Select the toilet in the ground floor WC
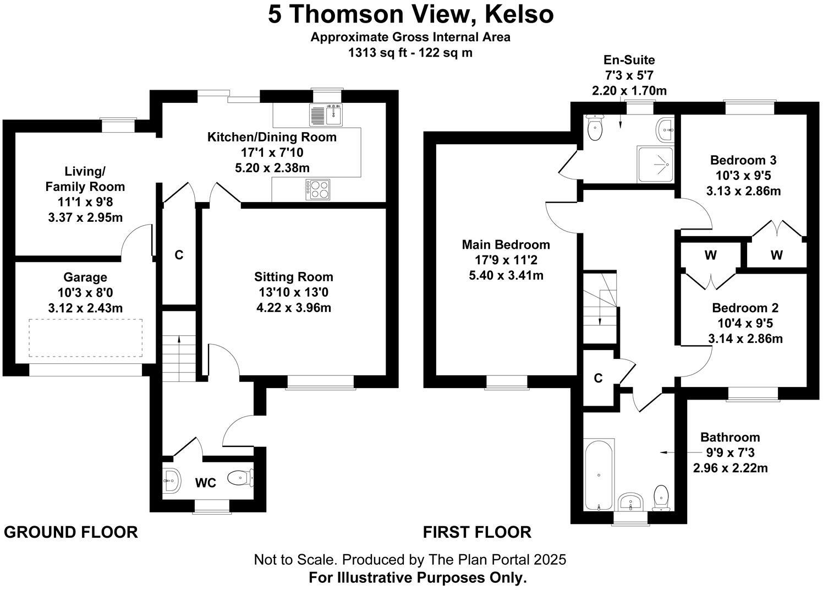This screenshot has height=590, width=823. point(240,478)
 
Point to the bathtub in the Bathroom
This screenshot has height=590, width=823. point(599,474)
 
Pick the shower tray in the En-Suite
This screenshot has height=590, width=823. point(655,164)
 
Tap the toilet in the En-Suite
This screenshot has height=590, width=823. point(595,128)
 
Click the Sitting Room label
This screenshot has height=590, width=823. point(294,277)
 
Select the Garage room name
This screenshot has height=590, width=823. point(85,277)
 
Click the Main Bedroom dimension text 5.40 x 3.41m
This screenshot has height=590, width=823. point(506,275)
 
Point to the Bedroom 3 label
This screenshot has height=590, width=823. point(743,160)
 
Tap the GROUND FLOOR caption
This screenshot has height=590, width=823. point(71,532)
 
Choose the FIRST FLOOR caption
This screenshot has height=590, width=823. point(477,532)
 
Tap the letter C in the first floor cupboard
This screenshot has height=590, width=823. point(599,378)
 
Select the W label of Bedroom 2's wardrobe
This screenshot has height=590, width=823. point(710,255)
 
